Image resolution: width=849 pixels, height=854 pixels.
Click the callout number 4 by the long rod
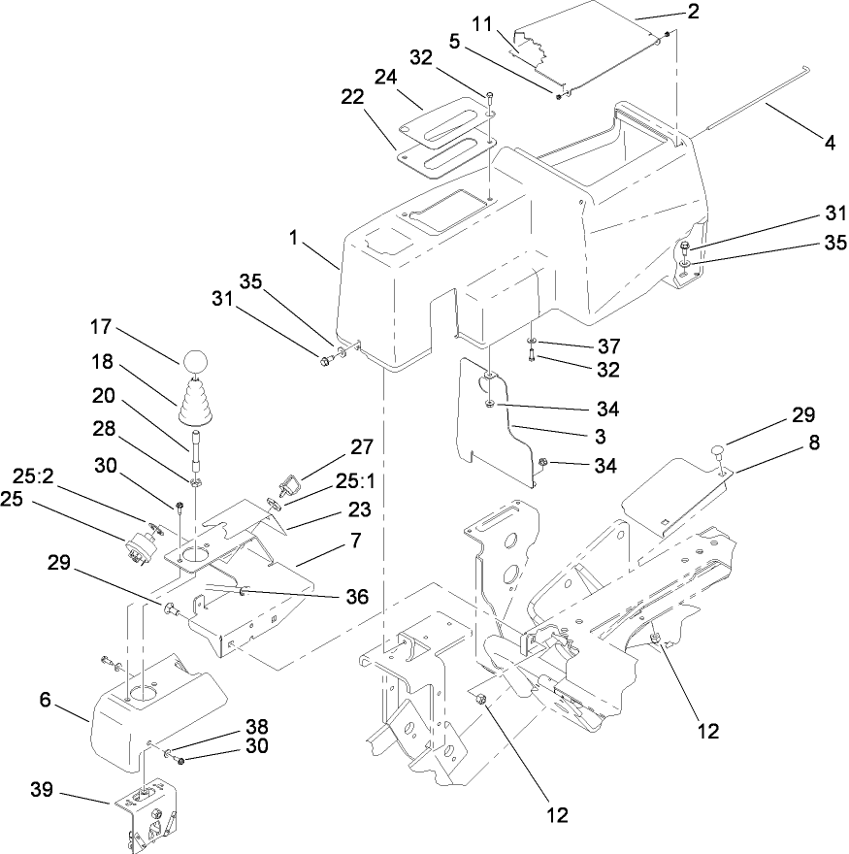(830, 142)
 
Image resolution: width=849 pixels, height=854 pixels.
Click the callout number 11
(483, 21)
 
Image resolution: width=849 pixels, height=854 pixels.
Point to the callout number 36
(355, 597)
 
